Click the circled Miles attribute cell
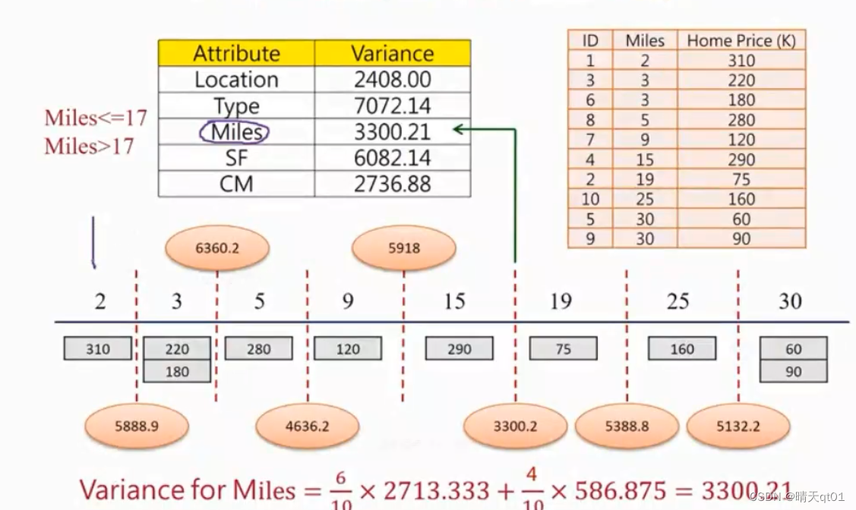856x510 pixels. (x=235, y=132)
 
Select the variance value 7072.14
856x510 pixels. (x=392, y=105)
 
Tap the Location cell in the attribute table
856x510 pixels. (x=236, y=80)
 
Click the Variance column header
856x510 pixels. (x=392, y=53)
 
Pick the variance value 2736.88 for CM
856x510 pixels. (x=392, y=184)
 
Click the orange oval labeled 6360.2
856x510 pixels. (x=217, y=247)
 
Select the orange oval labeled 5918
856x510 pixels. (x=403, y=247)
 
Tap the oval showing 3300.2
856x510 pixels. (x=515, y=426)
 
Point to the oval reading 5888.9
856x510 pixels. (x=137, y=426)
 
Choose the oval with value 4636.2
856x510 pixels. (x=307, y=426)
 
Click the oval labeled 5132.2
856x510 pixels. (x=738, y=426)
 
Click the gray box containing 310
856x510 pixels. (x=97, y=349)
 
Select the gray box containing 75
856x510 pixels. (x=563, y=349)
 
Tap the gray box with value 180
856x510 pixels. (x=176, y=372)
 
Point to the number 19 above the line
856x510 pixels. (x=561, y=302)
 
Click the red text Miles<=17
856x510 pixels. (x=96, y=118)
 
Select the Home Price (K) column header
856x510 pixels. (x=741, y=41)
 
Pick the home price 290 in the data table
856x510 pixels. (x=741, y=159)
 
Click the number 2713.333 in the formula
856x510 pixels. (x=436, y=490)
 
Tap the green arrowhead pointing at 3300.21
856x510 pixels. (x=458, y=130)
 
